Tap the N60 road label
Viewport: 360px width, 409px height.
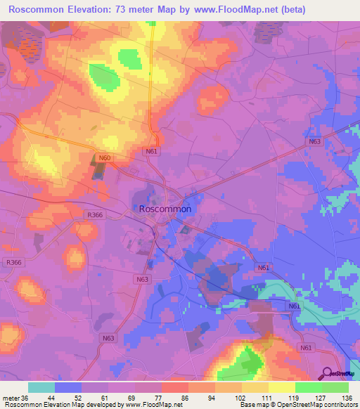[105, 158]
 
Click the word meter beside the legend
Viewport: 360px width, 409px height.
[9, 397]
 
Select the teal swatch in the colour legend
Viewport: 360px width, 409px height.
[41, 387]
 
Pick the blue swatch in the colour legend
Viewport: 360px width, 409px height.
[68, 387]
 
